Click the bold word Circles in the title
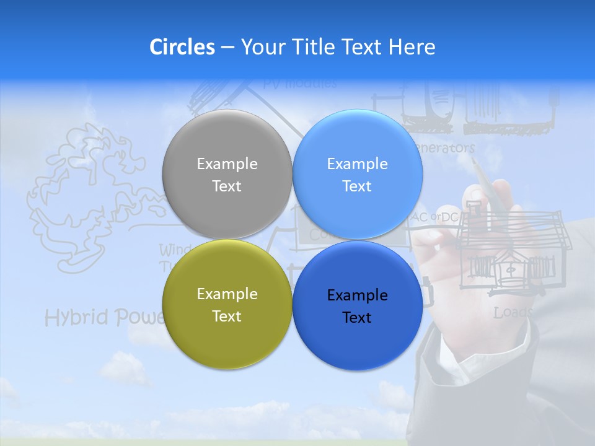(182, 47)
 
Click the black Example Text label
(357, 306)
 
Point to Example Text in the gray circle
(227, 175)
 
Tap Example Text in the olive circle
(227, 305)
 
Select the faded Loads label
(513, 313)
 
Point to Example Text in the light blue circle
(357, 175)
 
